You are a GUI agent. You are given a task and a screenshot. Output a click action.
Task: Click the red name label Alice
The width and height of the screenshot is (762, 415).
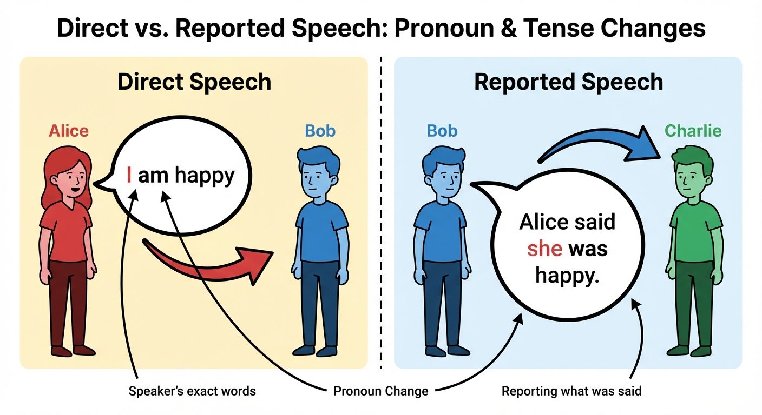coord(68,131)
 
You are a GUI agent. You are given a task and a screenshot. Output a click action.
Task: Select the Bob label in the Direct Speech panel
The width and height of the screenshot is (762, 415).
coord(320,131)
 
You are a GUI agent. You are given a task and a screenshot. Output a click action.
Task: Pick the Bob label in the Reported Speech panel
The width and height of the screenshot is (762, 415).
coord(442,131)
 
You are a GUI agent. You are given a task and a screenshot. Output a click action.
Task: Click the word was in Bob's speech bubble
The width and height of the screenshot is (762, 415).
coord(589,249)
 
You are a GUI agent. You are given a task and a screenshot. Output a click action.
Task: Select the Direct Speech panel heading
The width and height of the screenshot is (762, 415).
coord(194,82)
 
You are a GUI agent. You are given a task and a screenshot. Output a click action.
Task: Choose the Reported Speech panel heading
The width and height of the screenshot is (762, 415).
coord(568,82)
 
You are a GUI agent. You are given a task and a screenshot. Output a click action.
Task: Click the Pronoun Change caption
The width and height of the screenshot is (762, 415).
coord(381,391)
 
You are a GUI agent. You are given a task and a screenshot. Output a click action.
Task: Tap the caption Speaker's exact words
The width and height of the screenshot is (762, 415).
coord(192,391)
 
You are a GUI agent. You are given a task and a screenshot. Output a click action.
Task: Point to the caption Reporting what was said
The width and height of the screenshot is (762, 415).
coord(571,391)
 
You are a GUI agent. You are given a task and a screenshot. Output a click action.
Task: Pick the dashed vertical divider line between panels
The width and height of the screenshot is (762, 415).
coord(382,216)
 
